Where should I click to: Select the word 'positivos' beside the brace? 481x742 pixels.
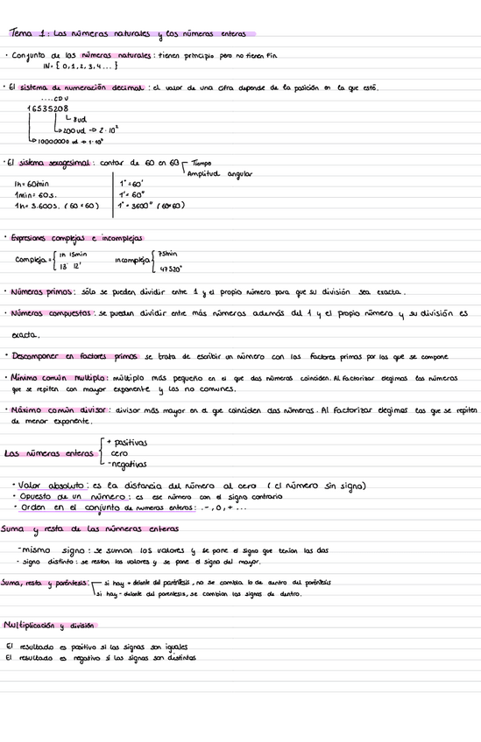pyautogui.click(x=128, y=443)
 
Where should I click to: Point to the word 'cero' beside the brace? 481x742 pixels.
pyautogui.click(x=119, y=453)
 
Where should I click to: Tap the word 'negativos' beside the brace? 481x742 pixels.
pyautogui.click(x=127, y=465)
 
